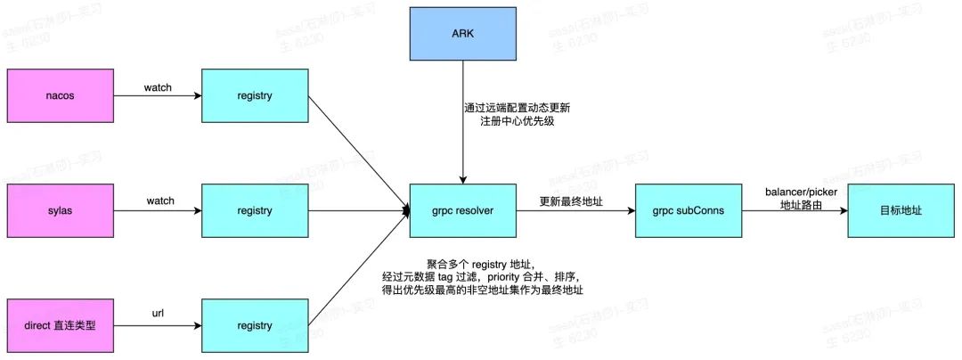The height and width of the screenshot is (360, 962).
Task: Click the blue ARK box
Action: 462,34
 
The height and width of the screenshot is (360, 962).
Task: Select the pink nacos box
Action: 59,95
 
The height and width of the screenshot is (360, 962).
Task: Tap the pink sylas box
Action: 59,211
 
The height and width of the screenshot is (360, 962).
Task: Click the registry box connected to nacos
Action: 255,95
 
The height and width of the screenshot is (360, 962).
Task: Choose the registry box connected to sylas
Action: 255,211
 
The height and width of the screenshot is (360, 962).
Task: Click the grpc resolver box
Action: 462,211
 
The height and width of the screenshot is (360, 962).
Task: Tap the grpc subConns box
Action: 680,211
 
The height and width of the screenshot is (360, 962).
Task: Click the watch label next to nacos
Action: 158,88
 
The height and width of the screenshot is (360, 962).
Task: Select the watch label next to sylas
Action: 160,201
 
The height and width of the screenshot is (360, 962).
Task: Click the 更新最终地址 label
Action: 572,202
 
